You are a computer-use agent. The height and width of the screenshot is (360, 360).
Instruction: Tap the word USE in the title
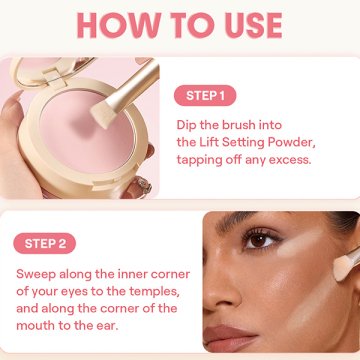coord(254,26)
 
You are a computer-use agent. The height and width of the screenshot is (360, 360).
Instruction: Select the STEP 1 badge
coord(205,96)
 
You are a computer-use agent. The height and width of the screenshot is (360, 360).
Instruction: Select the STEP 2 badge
coord(45,243)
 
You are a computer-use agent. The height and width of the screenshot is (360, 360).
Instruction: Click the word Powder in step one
coord(291,142)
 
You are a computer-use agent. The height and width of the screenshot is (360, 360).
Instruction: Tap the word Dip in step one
coord(187,126)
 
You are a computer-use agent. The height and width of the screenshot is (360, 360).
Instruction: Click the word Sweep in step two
coord(36,275)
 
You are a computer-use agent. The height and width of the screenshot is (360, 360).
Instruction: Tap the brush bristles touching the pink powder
coord(103,115)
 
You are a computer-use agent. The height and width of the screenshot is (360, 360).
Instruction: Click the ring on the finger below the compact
coord(144,186)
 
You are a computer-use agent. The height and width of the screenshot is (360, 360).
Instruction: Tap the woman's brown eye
coord(260,241)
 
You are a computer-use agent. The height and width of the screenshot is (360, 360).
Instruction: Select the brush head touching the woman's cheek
coord(344,267)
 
